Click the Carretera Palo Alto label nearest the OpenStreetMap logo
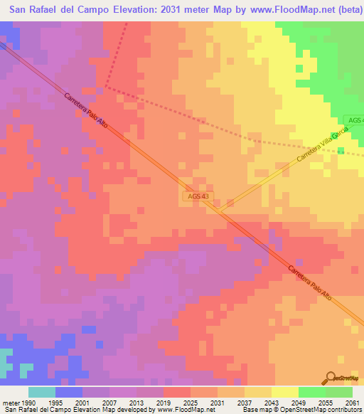coord(310,288)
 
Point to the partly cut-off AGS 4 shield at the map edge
coord(353,120)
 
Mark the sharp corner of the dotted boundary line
coord(106,87)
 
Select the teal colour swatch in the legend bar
coord(42,391)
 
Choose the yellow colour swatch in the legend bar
coord(284,391)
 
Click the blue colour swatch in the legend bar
coord(69,391)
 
